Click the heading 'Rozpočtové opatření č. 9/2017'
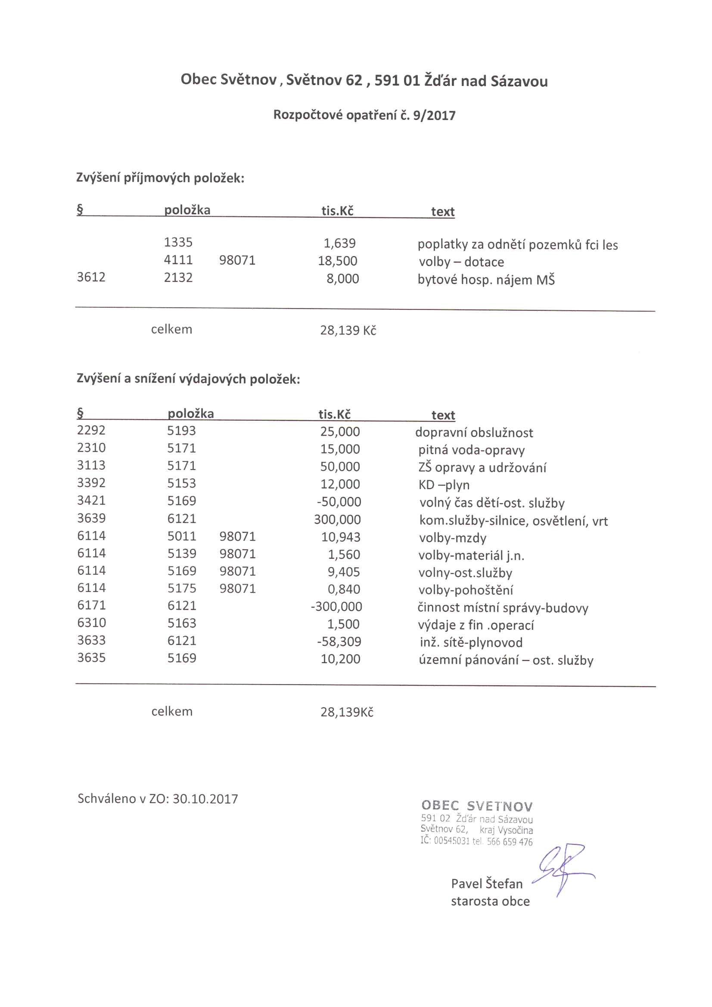point(364,115)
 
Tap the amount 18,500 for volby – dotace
point(337,261)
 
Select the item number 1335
point(178,242)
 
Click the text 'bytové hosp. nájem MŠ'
point(485,280)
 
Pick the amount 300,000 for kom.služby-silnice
point(337,520)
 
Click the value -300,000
point(336,607)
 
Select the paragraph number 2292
point(91,430)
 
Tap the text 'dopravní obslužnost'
point(474,433)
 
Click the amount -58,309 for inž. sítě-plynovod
point(339,642)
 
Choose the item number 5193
point(181,431)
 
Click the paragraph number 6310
point(91,623)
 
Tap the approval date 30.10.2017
point(205,799)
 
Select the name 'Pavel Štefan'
point(486,884)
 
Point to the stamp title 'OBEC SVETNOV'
point(477,806)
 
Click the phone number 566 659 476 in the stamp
point(509,842)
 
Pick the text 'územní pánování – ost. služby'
point(506,661)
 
